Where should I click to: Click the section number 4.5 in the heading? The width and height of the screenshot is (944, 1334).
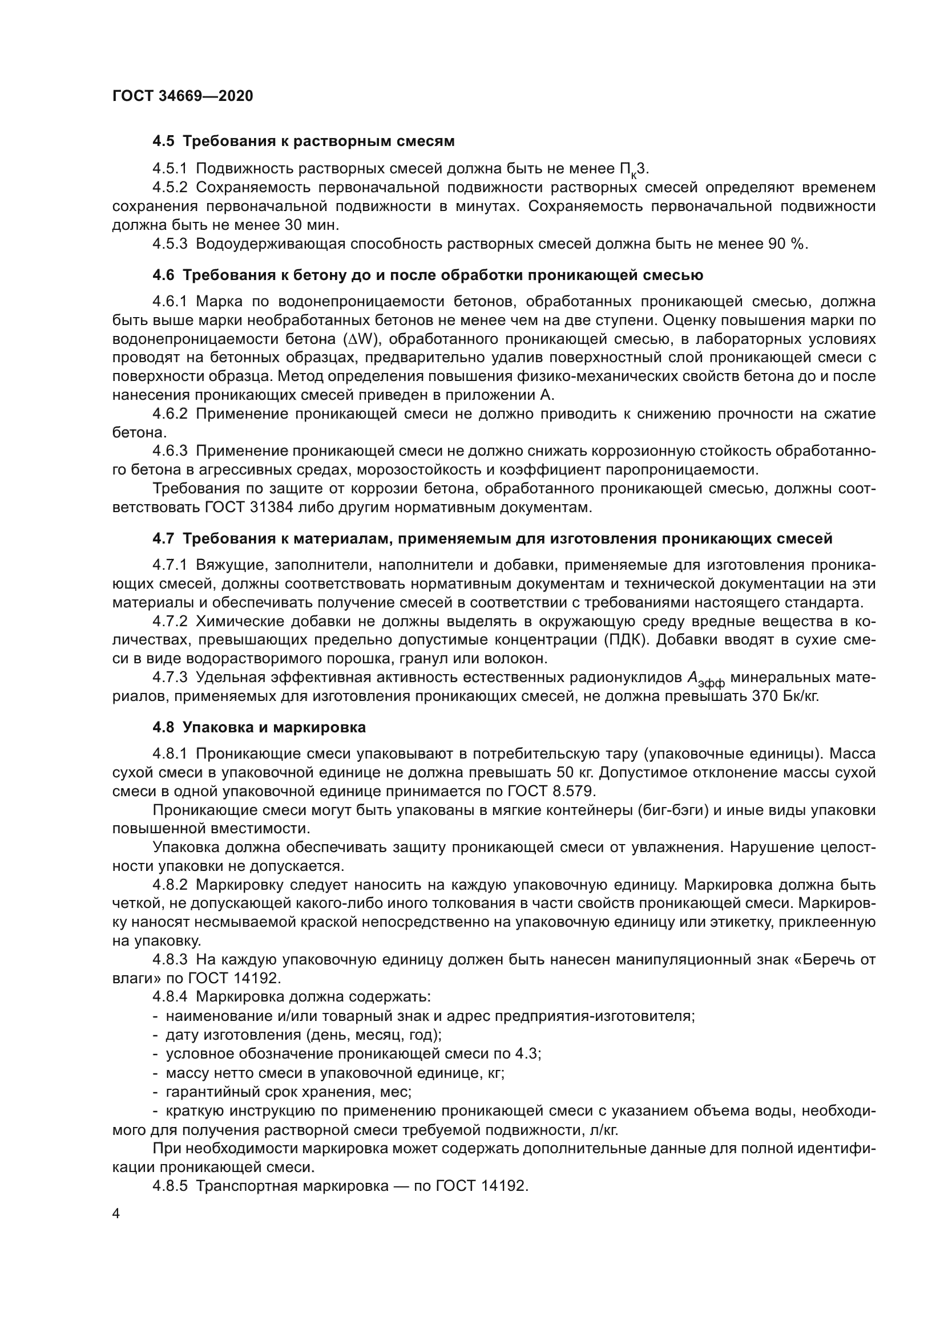coord(163,141)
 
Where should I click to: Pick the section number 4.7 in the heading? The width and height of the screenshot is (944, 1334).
coord(163,538)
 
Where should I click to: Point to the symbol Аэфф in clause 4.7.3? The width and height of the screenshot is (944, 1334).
coord(705,679)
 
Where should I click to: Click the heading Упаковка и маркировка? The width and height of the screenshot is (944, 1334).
coord(275,727)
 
